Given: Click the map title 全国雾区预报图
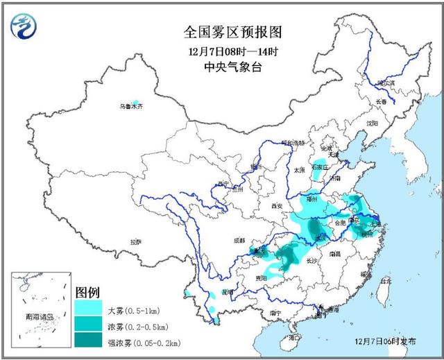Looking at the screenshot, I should [222, 33].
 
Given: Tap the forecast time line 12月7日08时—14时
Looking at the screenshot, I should [222, 51].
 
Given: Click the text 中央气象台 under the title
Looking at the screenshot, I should [222, 67].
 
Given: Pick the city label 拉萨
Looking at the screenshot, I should [135, 242].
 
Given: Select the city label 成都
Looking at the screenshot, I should [239, 240].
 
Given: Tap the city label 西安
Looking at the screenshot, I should [277, 206].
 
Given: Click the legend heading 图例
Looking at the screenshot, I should [88, 291].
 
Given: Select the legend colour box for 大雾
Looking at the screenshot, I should [88, 307].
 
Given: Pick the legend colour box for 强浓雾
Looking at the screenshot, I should [88, 341].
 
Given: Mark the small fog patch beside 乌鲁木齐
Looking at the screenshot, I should [136, 102].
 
